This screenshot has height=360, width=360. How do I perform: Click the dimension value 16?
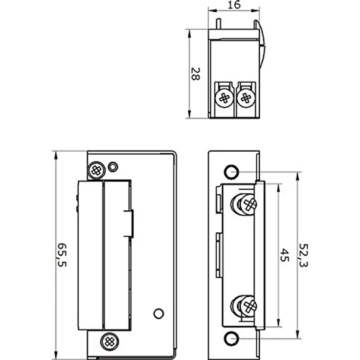tap(234, 5)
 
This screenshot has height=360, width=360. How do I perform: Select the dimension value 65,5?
tap(62, 255)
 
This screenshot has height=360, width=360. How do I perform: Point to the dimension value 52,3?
tap(304, 255)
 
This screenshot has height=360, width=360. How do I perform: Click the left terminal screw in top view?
tap(224, 98)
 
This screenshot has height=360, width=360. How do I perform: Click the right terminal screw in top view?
tap(246, 98)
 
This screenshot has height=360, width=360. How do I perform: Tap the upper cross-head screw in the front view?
tap(96, 170)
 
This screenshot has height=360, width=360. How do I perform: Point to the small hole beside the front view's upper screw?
tap(112, 167)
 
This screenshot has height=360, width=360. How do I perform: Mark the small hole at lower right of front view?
tap(157, 314)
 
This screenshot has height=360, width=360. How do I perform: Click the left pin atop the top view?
tap(219, 23)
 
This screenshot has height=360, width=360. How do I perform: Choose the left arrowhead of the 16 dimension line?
tap(211, 11)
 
